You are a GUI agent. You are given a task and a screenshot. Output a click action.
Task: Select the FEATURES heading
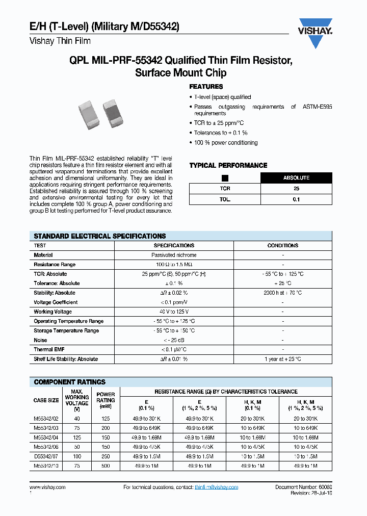[206, 87]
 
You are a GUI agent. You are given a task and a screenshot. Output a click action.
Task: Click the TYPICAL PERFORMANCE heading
[228, 165]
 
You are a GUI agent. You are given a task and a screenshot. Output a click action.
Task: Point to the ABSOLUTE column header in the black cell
[296, 178]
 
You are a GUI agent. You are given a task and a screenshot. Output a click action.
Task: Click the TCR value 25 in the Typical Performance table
[296, 189]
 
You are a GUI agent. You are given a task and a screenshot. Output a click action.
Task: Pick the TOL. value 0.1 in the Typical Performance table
[296, 199]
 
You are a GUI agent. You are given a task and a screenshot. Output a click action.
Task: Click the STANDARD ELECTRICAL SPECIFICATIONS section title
[99, 236]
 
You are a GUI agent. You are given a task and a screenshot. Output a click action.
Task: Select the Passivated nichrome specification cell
[174, 255]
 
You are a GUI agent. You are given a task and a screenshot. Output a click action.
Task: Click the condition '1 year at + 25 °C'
[282, 359]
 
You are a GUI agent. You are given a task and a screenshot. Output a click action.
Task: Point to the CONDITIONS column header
[282, 246]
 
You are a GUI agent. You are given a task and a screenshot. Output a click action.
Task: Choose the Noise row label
[40, 340]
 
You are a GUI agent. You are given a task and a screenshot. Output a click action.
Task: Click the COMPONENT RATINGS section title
[69, 382]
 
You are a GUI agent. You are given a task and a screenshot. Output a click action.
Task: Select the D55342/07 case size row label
[46, 456]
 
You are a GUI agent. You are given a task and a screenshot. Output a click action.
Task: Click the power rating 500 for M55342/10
[106, 466]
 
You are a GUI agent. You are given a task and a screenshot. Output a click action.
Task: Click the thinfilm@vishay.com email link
[216, 487]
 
